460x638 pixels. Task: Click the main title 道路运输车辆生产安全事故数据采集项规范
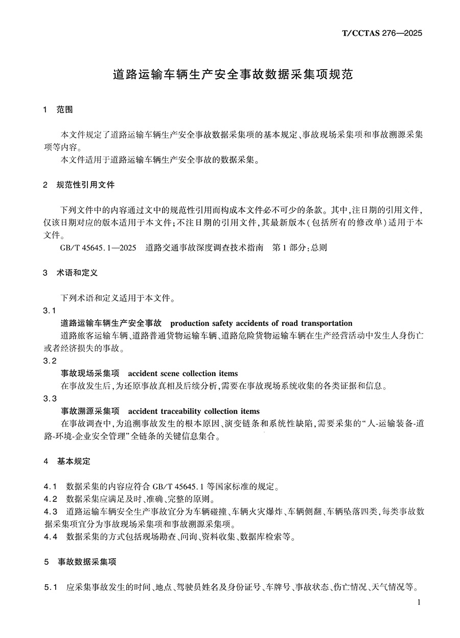click(x=233, y=75)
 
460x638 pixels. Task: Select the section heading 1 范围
click(x=58, y=109)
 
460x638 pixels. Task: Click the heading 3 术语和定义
click(x=71, y=273)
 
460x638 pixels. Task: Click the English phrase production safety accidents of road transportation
click(x=261, y=323)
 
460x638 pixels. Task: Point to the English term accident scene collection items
click(x=183, y=373)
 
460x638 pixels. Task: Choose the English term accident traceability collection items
click(x=194, y=411)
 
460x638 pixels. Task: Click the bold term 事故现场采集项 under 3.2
click(x=90, y=373)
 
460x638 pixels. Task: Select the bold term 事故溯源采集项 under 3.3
click(x=90, y=411)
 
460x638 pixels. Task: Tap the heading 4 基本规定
click(x=67, y=461)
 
